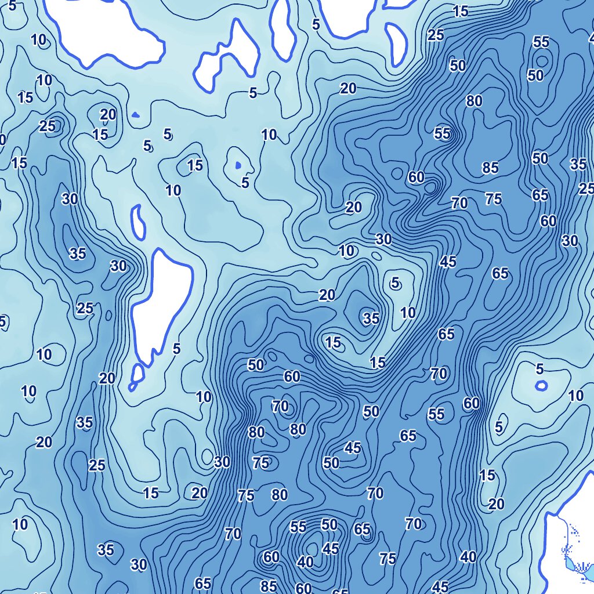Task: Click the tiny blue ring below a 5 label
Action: click(541, 385)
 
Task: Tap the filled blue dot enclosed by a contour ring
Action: click(238, 165)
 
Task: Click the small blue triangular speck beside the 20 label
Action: click(135, 114)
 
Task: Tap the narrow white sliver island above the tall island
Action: click(138, 221)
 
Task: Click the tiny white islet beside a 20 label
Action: click(137, 374)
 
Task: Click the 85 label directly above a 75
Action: click(490, 168)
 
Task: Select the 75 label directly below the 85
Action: click(493, 199)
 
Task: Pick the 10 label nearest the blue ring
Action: click(575, 396)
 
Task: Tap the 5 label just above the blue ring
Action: click(540, 369)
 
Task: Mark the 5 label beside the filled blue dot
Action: click(245, 183)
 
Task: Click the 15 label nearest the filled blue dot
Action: click(195, 165)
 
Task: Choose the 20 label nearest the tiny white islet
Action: click(107, 379)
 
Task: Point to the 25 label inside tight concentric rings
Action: click(48, 126)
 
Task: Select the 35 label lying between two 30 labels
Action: click(78, 253)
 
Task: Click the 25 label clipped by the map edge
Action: click(586, 189)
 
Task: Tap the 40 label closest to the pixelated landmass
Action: click(468, 557)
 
